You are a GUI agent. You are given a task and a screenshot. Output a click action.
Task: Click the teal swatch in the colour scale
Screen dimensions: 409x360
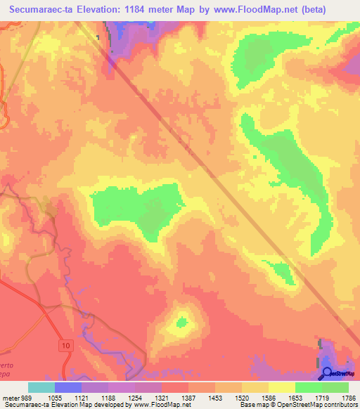(41, 387)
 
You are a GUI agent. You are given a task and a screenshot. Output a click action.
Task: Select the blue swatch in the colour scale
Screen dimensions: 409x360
(67, 387)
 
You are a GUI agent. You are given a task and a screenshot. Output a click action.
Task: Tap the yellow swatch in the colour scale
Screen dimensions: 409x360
(281, 387)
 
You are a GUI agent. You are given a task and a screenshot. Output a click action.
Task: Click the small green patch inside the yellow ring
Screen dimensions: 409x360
(183, 323)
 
